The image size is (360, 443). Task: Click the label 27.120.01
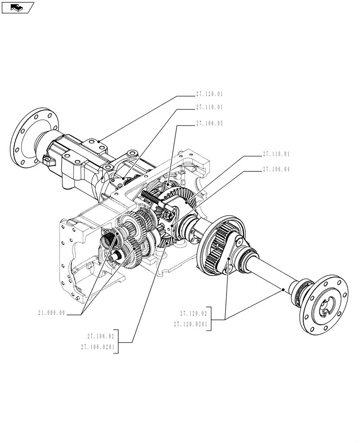209,94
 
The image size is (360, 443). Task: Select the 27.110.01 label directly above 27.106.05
209,107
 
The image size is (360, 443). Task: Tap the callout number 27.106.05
209,124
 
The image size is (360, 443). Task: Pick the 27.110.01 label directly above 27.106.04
276,154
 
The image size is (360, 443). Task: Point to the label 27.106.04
276,169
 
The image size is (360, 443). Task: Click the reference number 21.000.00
52,312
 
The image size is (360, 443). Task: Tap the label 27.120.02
194,313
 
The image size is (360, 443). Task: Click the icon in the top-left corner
17,7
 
